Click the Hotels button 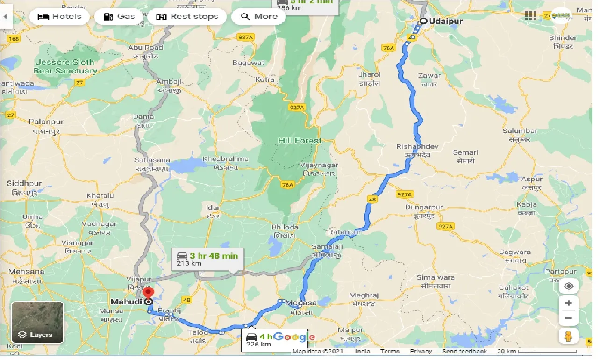click(x=59, y=17)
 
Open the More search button click(x=259, y=17)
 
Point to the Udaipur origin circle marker click(x=423, y=21)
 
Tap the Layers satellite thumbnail click(x=37, y=322)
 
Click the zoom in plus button click(x=568, y=303)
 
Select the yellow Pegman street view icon click(x=568, y=336)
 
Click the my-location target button click(x=568, y=286)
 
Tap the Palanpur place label click(x=46, y=122)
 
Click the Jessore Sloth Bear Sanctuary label click(x=65, y=66)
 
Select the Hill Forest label click(x=300, y=140)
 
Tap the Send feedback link click(x=464, y=351)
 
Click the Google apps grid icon click(x=530, y=16)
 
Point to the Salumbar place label click(x=520, y=131)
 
